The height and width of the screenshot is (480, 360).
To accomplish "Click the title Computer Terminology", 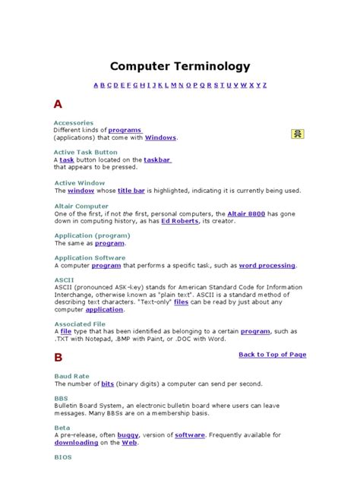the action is [x=179, y=66].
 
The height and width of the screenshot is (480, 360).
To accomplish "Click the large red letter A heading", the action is [x=58, y=103].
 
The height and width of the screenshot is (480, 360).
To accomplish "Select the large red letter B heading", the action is [x=58, y=357].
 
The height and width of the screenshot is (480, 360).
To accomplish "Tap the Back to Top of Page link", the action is [x=272, y=354].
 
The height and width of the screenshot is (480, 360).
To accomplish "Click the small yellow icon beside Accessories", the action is [x=298, y=134].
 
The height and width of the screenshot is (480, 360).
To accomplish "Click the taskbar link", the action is [x=157, y=160].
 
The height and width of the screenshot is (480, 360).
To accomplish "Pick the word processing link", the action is [x=267, y=266].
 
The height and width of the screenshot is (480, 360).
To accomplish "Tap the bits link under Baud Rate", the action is [x=108, y=384].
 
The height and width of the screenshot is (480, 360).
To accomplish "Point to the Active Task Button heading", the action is [x=86, y=152].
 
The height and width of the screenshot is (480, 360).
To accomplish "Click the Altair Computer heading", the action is [x=81, y=206].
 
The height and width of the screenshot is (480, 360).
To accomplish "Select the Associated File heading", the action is [x=80, y=324].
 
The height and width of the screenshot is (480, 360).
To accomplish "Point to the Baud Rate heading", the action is [x=71, y=376].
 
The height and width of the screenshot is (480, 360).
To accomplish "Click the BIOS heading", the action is [x=62, y=458].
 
